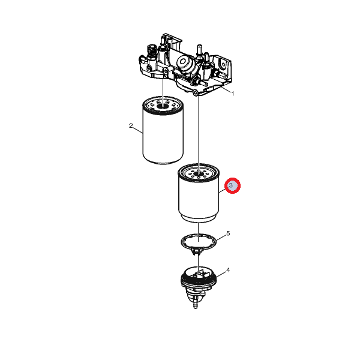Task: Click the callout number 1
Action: pyautogui.click(x=233, y=94)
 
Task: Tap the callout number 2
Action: pyautogui.click(x=131, y=125)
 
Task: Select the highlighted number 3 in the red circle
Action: pyautogui.click(x=231, y=185)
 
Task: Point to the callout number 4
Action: pyautogui.click(x=228, y=270)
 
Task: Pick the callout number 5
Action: pyautogui.click(x=228, y=233)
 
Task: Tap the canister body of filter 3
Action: pyautogui.click(x=199, y=197)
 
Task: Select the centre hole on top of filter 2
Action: pyautogui.click(x=163, y=106)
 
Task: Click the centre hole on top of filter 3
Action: pyautogui.click(x=199, y=173)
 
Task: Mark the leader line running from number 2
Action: pyautogui.click(x=138, y=130)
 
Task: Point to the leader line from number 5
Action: pyautogui.click(x=220, y=238)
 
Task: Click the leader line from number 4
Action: pyautogui.click(x=221, y=274)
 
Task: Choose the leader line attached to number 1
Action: pyautogui.click(x=226, y=90)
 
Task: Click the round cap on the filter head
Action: pyautogui.click(x=183, y=61)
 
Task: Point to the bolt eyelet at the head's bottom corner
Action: pyautogui.click(x=196, y=93)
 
